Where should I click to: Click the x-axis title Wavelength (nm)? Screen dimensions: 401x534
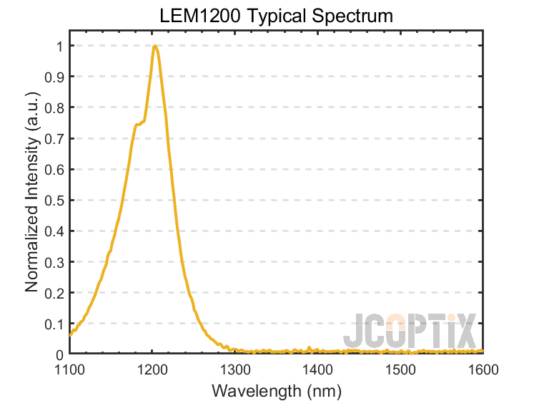click(x=276, y=391)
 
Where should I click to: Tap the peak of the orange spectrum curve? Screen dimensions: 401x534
click(x=154, y=47)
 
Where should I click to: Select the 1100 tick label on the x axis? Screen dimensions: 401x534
click(x=69, y=369)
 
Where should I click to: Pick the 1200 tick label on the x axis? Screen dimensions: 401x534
click(x=152, y=369)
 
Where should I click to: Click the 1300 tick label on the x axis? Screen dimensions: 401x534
click(x=235, y=369)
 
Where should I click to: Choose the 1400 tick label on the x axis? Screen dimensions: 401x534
click(x=317, y=369)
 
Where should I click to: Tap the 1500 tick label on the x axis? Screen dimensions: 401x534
click(x=400, y=369)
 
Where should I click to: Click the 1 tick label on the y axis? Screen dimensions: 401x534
click(x=59, y=47)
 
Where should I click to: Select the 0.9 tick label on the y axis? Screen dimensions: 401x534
click(x=55, y=77)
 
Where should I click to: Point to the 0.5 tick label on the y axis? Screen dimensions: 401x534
click(x=55, y=200)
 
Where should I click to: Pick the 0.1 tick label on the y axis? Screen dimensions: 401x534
click(x=55, y=324)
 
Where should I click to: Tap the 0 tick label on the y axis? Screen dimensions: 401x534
click(x=59, y=354)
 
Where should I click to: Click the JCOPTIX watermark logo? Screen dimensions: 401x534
click(x=409, y=332)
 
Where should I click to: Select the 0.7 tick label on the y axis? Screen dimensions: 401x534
click(x=55, y=139)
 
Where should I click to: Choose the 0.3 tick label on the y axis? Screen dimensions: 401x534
click(x=55, y=262)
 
